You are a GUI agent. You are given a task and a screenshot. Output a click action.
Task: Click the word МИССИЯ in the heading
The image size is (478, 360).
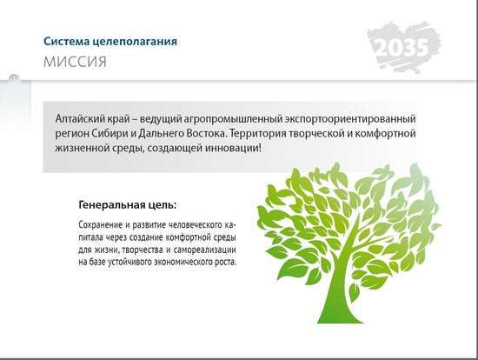pyautogui.click(x=75, y=62)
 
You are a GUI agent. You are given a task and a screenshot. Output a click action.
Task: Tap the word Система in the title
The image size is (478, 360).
pyautogui.click(x=66, y=41)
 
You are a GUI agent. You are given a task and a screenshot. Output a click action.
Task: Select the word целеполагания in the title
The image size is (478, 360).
pyautogui.click(x=135, y=42)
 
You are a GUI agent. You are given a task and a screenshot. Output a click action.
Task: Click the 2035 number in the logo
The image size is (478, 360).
pyautogui.click(x=402, y=48)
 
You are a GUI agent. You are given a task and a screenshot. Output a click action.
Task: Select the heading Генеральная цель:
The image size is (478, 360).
pyautogui.click(x=128, y=205)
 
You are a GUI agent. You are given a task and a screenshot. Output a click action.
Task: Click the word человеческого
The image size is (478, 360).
pyautogui.click(x=196, y=225)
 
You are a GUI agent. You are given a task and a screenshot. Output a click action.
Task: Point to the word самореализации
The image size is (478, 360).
pyautogui.click(x=205, y=250)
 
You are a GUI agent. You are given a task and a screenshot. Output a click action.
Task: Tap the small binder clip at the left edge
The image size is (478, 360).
pyautogui.click(x=14, y=78)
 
